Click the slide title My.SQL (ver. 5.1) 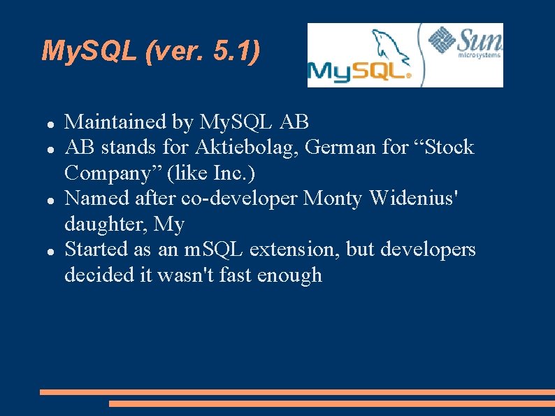click(x=151, y=51)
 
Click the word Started click(x=96, y=250)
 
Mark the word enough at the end click(x=289, y=275)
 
